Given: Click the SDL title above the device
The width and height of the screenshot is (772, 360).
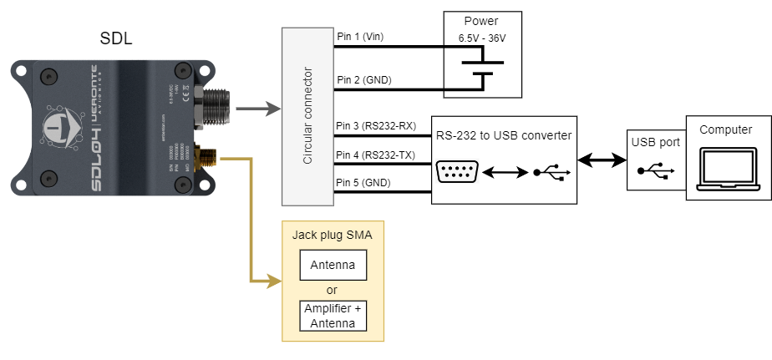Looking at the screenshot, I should pos(115,38).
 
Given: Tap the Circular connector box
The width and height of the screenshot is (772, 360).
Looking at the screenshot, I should pos(308,116).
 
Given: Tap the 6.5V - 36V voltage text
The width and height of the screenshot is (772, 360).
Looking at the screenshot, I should pos(482,38).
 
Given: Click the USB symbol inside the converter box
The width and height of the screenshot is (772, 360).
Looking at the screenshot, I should pos(551,174).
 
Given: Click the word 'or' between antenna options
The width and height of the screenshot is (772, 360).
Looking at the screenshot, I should pos(333,290).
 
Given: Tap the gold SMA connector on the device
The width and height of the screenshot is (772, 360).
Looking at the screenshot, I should pos(203,156).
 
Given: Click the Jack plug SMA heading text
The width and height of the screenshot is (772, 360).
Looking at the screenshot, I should pos(333,236).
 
